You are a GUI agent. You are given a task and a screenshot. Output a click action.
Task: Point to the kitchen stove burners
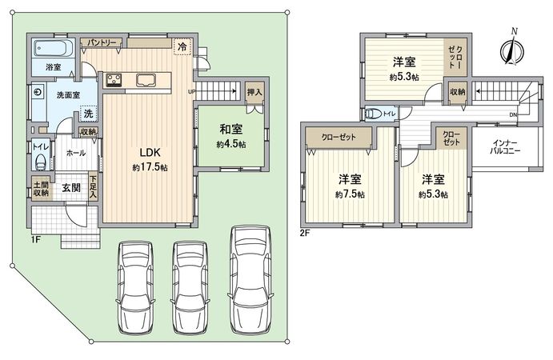point(113,78)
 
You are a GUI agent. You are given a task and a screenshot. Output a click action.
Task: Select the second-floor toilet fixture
point(371,114)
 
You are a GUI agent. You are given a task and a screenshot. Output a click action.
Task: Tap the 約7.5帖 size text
point(351,194)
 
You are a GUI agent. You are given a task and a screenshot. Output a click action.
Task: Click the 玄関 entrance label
point(70,188)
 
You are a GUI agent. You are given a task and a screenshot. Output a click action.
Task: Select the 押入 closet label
point(254,93)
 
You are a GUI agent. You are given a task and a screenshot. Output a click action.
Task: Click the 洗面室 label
point(57,95)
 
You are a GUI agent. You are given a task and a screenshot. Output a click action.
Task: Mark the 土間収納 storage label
point(42,188)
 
